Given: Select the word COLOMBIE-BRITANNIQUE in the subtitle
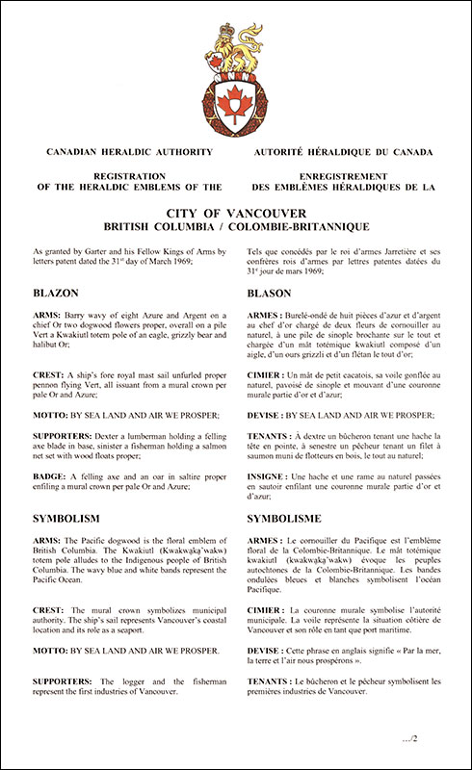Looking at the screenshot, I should pos(307,226).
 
